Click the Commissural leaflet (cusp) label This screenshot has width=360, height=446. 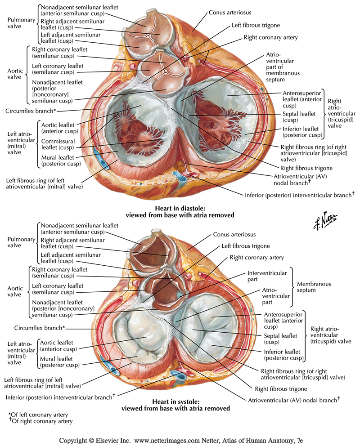(59, 143)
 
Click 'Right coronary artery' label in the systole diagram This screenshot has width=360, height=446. (257, 258)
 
